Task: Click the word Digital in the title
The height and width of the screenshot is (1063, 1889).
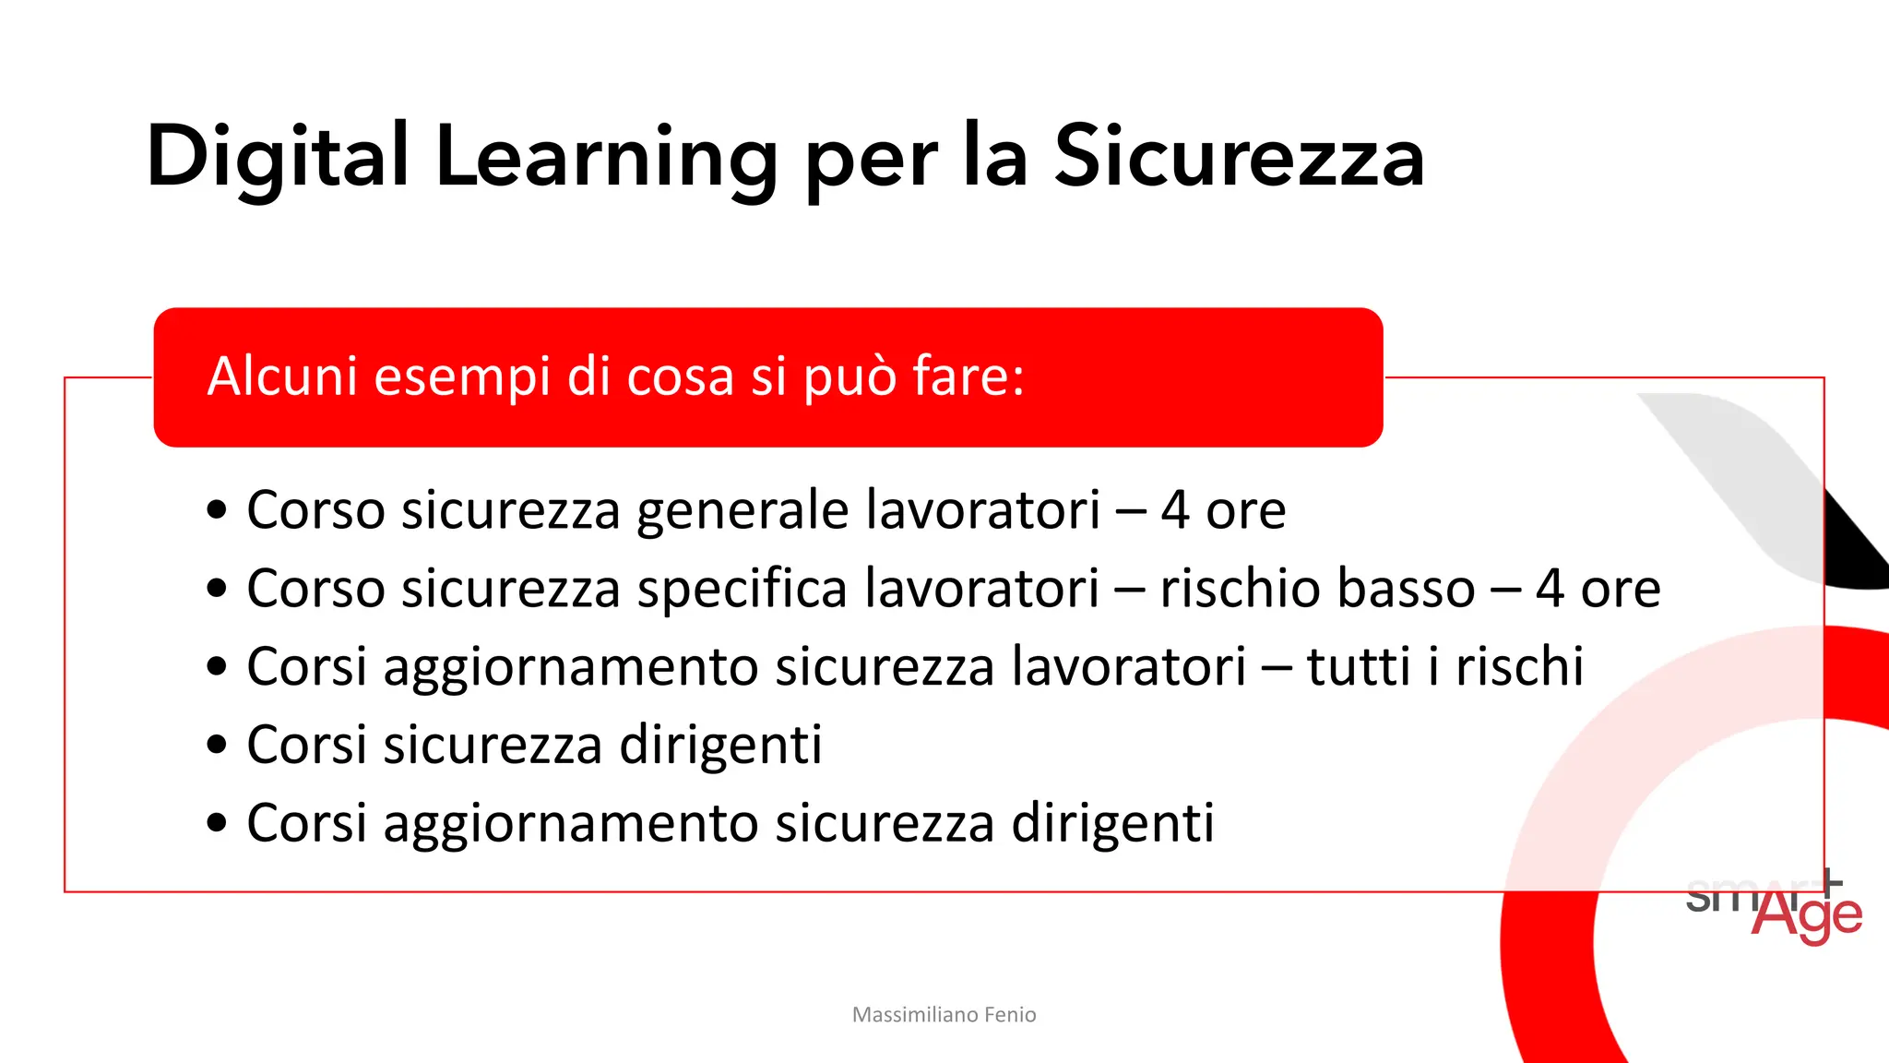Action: point(277,157)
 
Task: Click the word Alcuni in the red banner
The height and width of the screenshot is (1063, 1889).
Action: point(282,376)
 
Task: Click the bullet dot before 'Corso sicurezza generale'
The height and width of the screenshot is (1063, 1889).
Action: point(217,510)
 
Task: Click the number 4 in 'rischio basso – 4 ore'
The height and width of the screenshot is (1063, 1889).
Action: point(1550,589)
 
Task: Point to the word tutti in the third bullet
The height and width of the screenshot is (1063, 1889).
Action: point(1360,666)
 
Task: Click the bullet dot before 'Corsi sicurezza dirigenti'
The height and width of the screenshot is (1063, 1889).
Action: point(217,745)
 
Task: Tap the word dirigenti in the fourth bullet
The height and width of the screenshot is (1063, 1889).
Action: point(720,745)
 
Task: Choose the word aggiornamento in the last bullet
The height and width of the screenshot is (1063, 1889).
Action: point(570,823)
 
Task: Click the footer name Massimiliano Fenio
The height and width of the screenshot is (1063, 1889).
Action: point(944,1015)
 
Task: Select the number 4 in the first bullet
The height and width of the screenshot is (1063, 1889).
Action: point(1174,510)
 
